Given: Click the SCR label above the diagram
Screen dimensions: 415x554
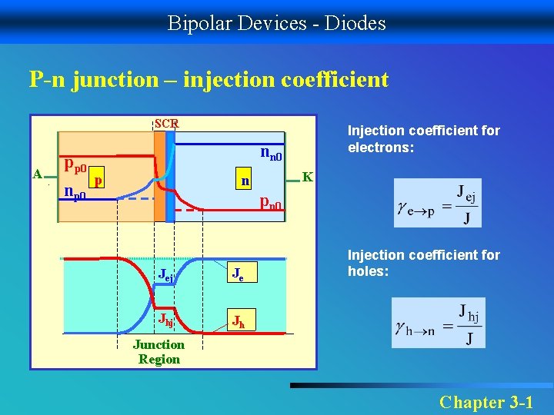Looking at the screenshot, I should [x=166, y=123].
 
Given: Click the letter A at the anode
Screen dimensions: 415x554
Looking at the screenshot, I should [x=37, y=174].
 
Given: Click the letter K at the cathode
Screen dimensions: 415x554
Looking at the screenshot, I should [x=307, y=176].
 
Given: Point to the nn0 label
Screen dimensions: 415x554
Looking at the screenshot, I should [x=272, y=154].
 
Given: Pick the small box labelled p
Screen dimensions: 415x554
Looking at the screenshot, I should [x=97, y=179].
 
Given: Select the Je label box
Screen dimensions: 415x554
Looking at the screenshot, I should [x=240, y=274].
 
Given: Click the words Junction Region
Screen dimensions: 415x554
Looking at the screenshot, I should [x=159, y=352].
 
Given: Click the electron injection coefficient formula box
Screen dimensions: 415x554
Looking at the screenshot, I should [x=437, y=203].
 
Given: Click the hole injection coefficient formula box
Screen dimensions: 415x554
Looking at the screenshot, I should [x=438, y=323].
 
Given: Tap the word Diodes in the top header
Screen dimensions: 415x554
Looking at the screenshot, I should [x=355, y=23].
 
